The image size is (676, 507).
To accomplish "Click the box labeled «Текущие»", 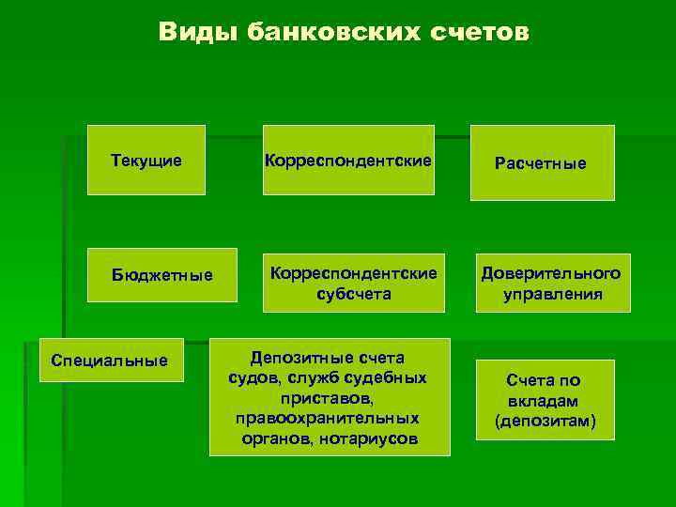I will coord(146,161).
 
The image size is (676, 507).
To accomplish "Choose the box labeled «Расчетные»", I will coord(541,163).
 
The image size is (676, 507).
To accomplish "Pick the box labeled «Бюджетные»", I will coord(161,276).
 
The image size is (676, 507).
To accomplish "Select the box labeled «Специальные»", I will coord(110,360).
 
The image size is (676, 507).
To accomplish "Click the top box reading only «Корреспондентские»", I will coord(348,161).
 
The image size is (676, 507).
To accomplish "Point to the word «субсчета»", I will coord(354,294).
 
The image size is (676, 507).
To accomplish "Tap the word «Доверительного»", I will coord(551,273).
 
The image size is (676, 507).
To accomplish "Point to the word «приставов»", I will coord(326,398).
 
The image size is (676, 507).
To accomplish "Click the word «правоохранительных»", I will coord(328,418).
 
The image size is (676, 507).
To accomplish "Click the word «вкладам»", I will coord(545,401).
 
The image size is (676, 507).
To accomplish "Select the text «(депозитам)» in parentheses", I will coord(545,422).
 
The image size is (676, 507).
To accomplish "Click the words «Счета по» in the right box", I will coord(545,380).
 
